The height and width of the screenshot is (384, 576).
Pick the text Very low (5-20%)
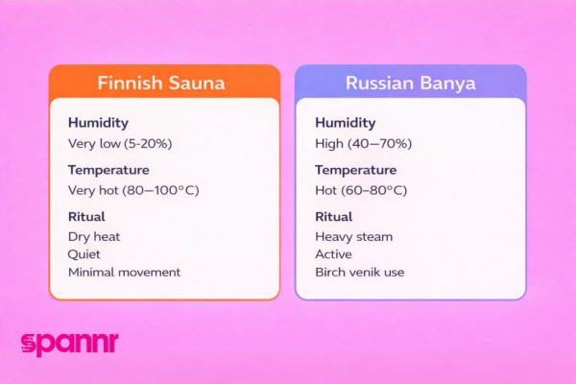pos(120,143)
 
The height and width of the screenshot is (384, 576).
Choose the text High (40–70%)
pos(363,143)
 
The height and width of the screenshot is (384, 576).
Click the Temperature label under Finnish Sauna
pos(108,170)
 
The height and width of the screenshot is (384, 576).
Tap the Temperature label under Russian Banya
pos(356,170)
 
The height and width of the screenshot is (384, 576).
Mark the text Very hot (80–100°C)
pos(132,190)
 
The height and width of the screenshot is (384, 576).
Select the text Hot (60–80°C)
pos(361,190)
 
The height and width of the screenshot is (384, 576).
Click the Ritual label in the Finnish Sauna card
pos(86,216)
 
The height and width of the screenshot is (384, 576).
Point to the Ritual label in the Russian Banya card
pos(334,216)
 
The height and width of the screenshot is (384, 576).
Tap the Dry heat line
pos(94,236)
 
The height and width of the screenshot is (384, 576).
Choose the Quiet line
pos(84,254)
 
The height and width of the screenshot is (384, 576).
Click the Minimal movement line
pos(124,272)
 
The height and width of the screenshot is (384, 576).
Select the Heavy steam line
pos(353,236)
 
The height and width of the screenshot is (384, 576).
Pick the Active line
pos(333,254)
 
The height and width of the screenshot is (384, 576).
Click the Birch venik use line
pos(359,272)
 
